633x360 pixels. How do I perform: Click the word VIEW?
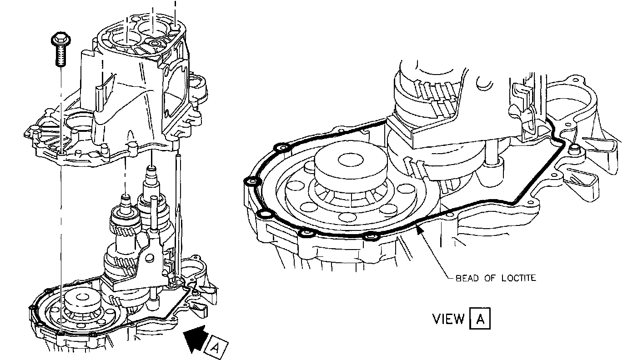point(448,319)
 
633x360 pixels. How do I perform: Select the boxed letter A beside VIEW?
point(480,319)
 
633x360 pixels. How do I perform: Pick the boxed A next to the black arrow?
point(217,348)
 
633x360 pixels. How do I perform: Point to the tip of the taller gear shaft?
point(151,170)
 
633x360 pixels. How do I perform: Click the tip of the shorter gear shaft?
point(125,197)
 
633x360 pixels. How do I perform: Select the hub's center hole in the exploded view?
point(82,297)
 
